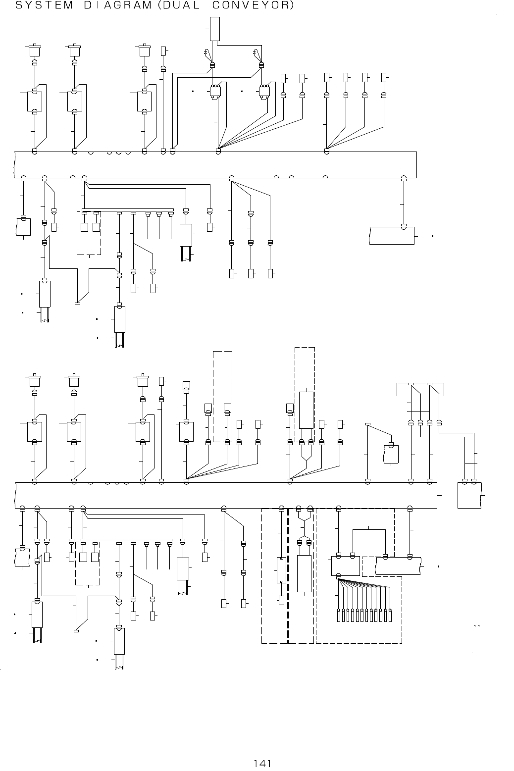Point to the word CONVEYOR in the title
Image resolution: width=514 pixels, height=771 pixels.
click(251, 6)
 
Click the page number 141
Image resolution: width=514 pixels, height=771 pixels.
click(262, 764)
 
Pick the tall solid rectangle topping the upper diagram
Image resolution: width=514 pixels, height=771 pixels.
click(214, 29)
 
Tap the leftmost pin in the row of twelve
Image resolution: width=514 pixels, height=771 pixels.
click(339, 616)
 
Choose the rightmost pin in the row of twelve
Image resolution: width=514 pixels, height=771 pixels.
click(390, 616)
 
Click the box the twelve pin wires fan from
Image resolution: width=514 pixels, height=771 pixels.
click(345, 565)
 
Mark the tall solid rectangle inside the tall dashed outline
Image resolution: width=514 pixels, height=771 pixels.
click(306, 410)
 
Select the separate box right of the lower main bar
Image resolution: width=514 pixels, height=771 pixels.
click(469, 495)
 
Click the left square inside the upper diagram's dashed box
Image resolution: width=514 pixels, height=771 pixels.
click(84, 227)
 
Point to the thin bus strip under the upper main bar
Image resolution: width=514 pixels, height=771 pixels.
click(128, 209)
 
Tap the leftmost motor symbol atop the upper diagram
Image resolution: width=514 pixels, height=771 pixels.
click(34, 51)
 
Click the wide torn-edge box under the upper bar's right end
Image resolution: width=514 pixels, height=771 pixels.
click(392, 235)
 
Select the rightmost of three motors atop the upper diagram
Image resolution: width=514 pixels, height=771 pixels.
click(144, 51)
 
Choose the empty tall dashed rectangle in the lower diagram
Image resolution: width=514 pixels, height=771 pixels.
click(222, 396)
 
